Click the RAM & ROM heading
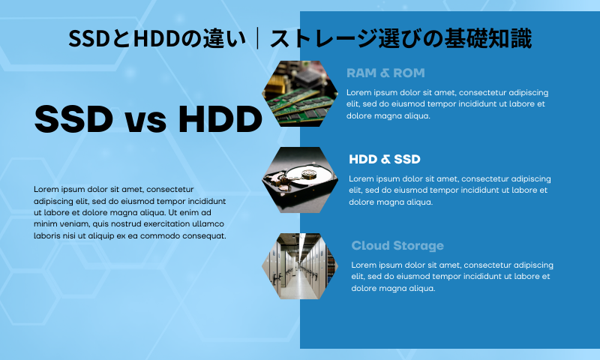coord(385,73)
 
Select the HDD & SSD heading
coord(385,159)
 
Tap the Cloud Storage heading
coord(397,245)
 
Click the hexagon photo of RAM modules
coord(300,93)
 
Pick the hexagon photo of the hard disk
coord(300,180)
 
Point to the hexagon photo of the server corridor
coord(300,266)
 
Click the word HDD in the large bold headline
coord(220,118)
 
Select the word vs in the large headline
coord(145,121)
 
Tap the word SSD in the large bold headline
coord(73,118)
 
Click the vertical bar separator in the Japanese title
coord(258,38)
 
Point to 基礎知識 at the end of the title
coord(488,38)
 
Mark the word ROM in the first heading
coord(409,73)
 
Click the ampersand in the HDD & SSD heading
coord(385,159)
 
